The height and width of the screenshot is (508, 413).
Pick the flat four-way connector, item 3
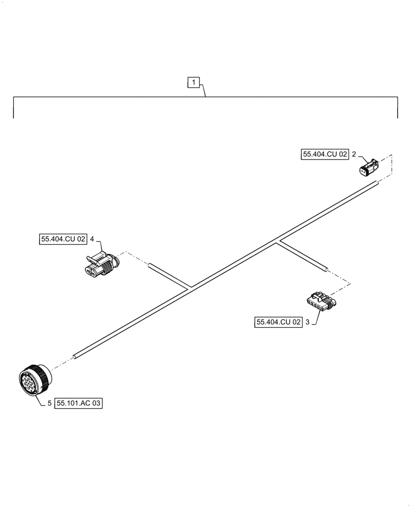[x=318, y=302]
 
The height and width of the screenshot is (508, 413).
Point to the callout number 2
[x=353, y=154]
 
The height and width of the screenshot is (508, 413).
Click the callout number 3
[x=308, y=322]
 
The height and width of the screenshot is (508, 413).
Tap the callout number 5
[x=49, y=404]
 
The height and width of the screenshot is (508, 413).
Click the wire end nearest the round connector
[x=75, y=357]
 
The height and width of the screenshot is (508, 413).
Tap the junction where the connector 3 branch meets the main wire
[x=278, y=241]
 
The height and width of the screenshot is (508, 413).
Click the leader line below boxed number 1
[x=204, y=92]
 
